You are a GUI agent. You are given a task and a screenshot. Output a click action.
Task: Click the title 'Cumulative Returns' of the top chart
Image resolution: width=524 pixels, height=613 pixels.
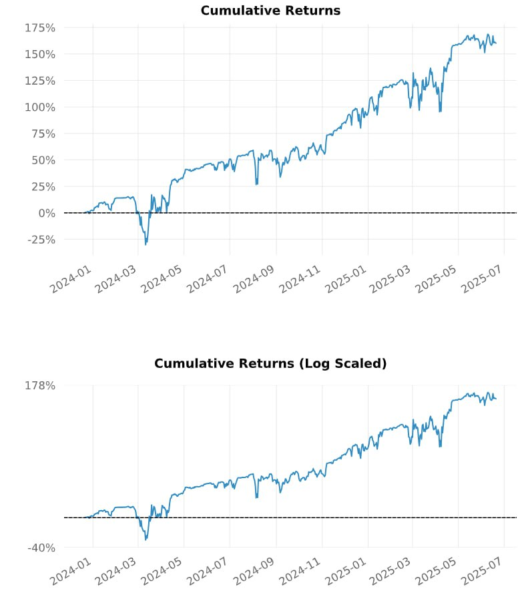point(270,11)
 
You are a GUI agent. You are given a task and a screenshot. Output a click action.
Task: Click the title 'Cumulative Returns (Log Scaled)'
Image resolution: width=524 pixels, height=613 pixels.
point(270,364)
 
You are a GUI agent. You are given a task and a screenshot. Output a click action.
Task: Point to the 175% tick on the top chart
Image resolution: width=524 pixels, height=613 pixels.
point(39,28)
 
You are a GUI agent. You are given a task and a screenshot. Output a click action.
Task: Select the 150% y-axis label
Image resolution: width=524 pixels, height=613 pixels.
point(39,54)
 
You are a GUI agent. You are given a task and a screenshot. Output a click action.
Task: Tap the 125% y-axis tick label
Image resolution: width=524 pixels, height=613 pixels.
point(39,81)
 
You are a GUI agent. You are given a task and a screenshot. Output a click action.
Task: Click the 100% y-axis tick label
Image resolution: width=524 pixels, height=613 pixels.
point(39,108)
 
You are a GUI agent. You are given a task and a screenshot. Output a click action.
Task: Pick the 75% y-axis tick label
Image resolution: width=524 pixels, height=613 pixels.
point(43,134)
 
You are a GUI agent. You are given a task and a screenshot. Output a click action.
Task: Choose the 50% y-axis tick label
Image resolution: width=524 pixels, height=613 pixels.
point(43,160)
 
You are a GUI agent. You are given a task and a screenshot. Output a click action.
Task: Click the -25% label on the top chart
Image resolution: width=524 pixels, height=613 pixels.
point(41,240)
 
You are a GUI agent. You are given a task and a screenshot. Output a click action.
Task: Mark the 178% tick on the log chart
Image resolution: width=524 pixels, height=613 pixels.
point(39,385)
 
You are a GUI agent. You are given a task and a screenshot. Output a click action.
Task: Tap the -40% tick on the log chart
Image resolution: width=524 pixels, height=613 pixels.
point(41,548)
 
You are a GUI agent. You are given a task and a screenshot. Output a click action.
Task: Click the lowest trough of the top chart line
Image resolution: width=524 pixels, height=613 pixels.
point(146,244)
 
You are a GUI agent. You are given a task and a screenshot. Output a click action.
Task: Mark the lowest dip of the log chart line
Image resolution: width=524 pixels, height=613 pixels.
point(146,540)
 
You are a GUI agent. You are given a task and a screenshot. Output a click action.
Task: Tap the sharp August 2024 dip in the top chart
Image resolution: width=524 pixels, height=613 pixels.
point(256,184)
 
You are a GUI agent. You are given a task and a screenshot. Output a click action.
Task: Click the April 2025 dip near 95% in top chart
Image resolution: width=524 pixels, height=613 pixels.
point(440,111)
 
